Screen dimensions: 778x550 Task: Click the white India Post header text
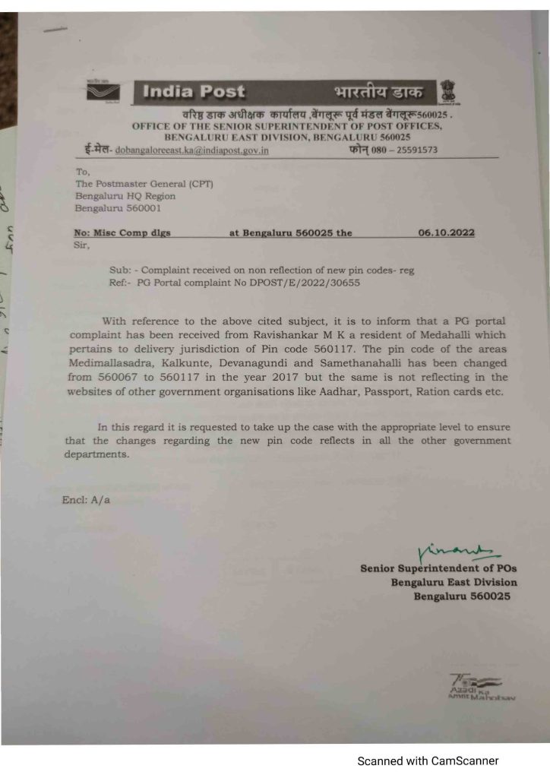[x=194, y=93]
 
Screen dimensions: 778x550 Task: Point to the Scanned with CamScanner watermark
[x=428, y=760]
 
